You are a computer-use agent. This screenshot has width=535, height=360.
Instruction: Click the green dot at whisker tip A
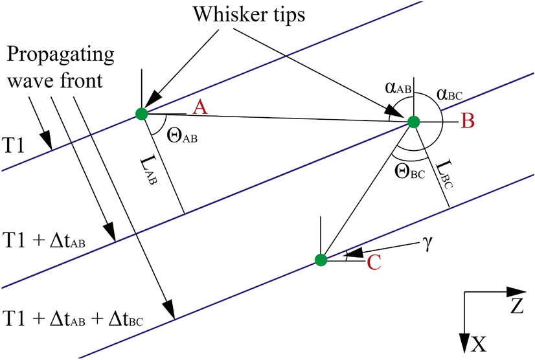(142, 114)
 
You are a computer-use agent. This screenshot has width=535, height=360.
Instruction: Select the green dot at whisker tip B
(414, 122)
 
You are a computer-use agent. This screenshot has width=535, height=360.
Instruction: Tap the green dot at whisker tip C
(321, 260)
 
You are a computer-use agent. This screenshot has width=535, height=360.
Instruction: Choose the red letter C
(374, 262)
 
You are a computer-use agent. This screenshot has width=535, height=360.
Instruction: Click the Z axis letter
(515, 305)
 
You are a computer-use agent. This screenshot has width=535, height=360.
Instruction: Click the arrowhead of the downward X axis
(464, 344)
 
